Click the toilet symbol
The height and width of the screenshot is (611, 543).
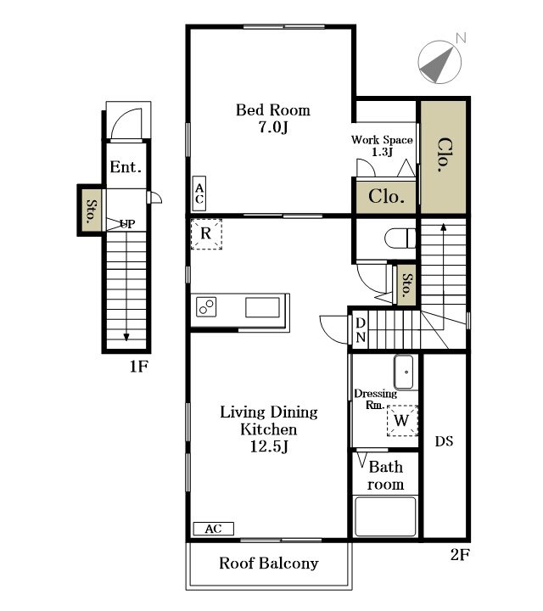400,238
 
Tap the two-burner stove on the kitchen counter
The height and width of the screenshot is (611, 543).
206,306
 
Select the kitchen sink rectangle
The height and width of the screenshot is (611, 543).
262,307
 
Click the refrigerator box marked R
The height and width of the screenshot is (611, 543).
206,234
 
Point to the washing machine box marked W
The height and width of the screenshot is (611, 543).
402,420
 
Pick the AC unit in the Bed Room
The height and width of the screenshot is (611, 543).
199,193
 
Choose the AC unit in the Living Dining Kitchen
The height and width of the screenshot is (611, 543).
214,529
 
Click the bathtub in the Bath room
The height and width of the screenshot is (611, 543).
385,517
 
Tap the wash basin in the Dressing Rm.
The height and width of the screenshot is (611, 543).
404,373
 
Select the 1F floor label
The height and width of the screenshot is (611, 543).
138,367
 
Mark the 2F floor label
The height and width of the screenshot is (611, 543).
460,554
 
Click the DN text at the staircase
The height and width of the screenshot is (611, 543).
361,330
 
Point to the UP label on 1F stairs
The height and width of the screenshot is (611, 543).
127,224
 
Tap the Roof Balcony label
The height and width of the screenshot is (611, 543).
269,563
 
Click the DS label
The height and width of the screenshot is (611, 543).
444,441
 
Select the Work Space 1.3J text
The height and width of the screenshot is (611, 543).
382,145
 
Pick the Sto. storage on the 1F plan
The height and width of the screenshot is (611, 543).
92,210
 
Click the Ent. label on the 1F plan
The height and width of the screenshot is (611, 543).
126,167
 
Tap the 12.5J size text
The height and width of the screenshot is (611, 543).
269,446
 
